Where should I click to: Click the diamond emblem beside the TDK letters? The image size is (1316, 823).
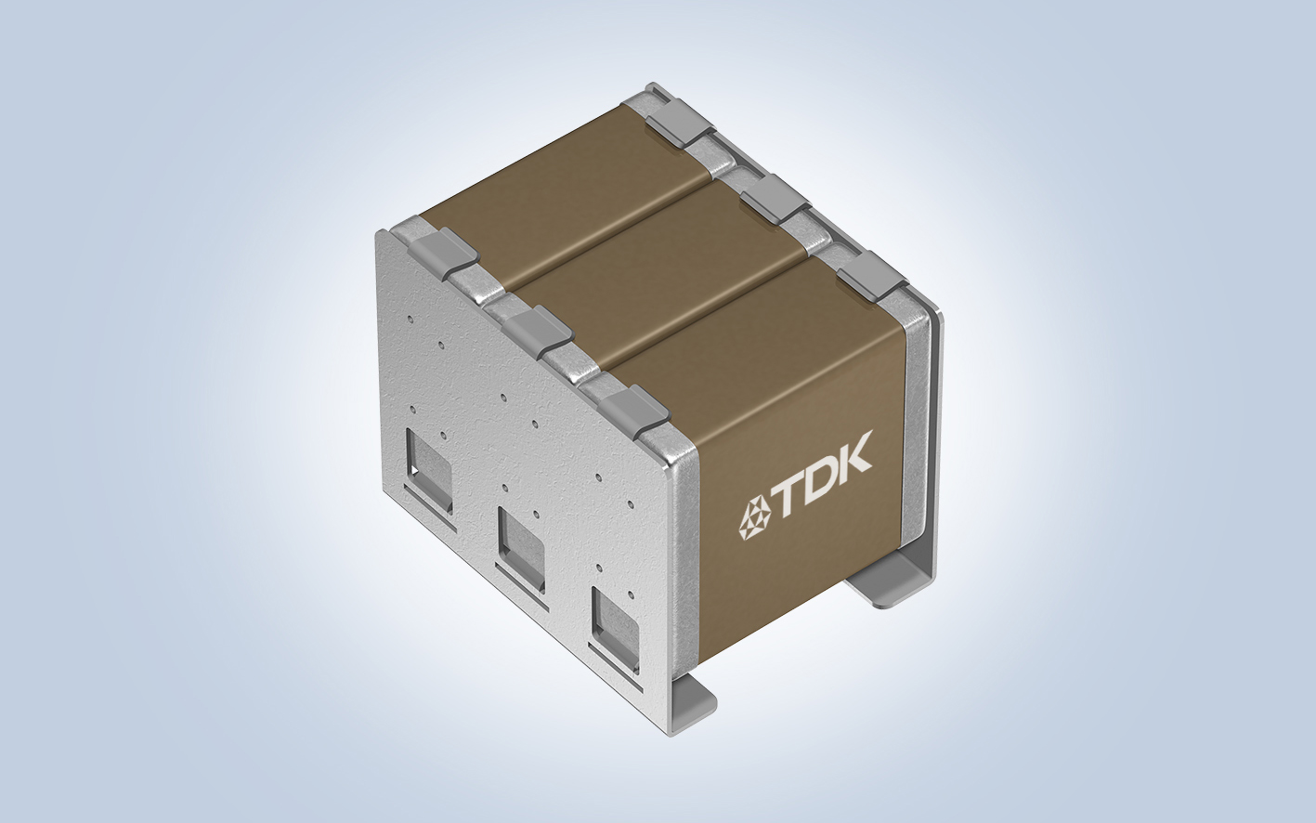754,518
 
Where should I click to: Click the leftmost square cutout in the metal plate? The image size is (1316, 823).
428,471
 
